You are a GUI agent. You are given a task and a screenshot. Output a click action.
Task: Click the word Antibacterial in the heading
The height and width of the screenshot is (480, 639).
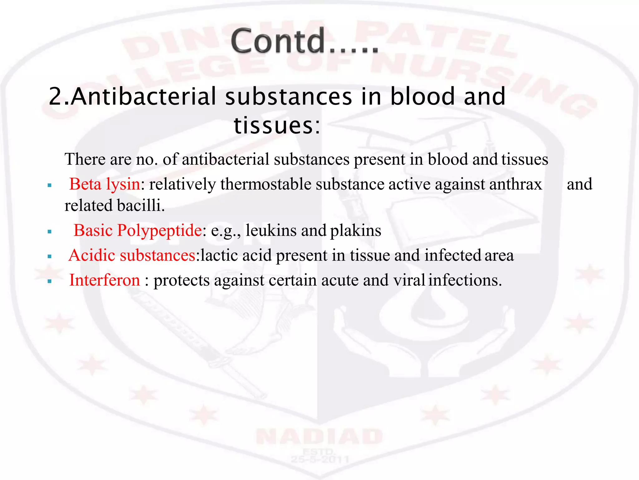coord(144,97)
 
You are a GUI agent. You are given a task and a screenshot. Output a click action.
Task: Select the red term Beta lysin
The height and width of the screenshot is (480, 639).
coord(105,184)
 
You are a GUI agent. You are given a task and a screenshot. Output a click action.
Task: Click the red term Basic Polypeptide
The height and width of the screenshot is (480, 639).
coord(138,231)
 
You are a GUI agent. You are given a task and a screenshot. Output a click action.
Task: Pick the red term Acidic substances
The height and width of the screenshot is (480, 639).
coord(132,255)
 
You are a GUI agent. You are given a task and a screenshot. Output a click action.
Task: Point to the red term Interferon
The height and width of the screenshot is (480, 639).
coord(105,280)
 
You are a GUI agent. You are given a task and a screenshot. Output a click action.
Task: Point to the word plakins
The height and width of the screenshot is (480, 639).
coord(356,231)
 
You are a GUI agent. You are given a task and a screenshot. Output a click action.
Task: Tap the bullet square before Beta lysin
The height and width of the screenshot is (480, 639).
coord(50,186)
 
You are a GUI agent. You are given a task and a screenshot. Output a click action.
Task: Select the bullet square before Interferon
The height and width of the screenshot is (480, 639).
coord(50,282)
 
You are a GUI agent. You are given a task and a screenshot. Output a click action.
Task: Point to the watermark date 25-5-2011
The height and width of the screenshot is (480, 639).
coord(319,459)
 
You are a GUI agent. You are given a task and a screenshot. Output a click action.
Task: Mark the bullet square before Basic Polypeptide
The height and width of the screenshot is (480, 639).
coord(50,232)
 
